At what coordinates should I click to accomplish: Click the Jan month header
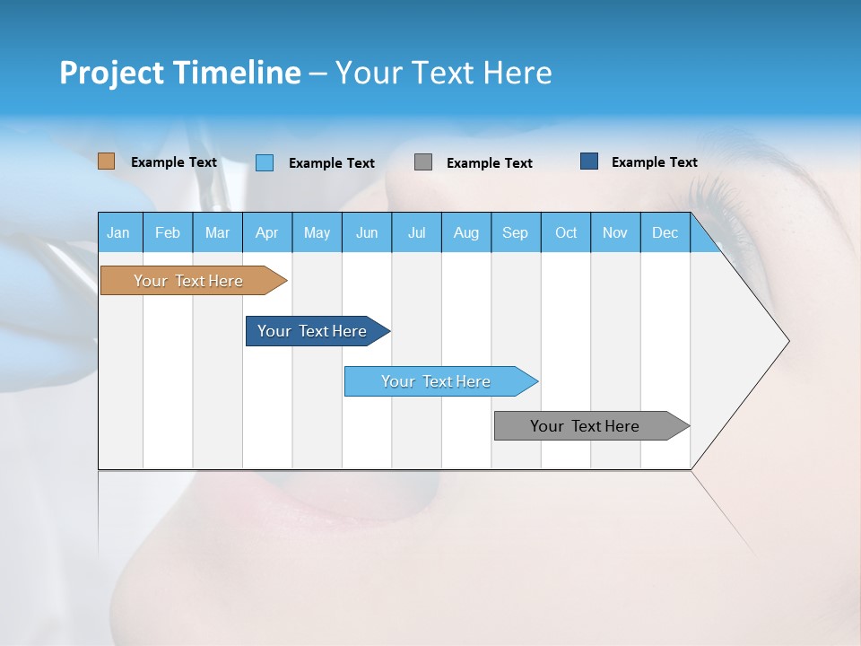point(118,232)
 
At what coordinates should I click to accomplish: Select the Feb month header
point(168,232)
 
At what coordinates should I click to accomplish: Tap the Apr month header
point(266,232)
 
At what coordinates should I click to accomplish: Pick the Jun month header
point(367,232)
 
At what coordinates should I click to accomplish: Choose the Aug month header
point(465,232)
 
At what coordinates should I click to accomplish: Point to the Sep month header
point(515,232)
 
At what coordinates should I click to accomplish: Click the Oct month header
point(566,232)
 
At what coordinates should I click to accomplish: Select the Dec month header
point(665,232)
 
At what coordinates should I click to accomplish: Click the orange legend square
point(107,161)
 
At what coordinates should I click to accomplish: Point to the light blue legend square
point(265,162)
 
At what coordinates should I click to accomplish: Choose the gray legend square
point(423,162)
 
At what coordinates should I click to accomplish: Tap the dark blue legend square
point(589,161)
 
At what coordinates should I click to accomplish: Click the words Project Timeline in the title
point(179,73)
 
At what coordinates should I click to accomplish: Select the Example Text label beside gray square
point(490,163)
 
